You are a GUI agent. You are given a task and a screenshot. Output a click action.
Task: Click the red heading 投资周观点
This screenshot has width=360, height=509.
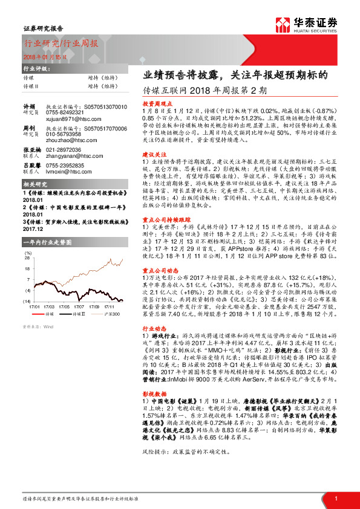(159, 104)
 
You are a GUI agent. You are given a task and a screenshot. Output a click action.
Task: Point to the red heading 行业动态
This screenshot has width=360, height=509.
(154, 329)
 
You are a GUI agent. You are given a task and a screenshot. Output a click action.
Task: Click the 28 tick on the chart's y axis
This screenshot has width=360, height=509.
(27, 257)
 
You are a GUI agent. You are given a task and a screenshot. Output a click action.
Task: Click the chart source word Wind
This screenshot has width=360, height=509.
(45, 326)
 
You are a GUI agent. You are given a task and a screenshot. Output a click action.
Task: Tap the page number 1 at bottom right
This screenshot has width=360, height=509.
(335, 498)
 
